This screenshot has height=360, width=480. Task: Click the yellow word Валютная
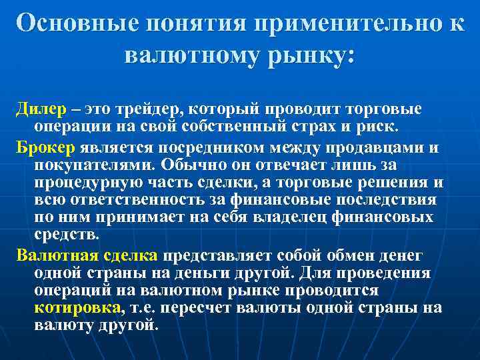click(x=57, y=255)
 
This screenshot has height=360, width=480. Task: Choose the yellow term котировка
click(x=77, y=309)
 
